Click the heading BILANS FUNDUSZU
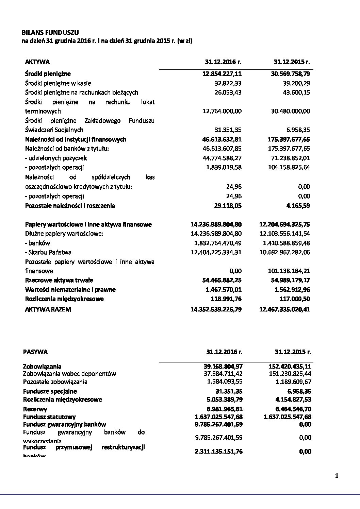(x=50, y=33)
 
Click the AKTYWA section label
(x=37, y=62)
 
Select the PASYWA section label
(x=35, y=352)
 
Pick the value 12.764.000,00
(x=222, y=111)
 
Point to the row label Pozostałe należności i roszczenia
(x=70, y=206)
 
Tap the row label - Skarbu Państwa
(x=48, y=252)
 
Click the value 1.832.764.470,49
(x=216, y=243)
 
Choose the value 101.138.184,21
(x=288, y=271)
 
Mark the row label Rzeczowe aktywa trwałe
(x=59, y=281)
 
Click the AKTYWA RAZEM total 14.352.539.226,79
(x=216, y=309)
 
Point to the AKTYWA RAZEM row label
(x=48, y=309)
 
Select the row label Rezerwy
(x=35, y=409)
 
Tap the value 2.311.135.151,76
(x=217, y=452)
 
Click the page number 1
(x=337, y=476)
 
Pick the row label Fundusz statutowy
(x=49, y=417)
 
